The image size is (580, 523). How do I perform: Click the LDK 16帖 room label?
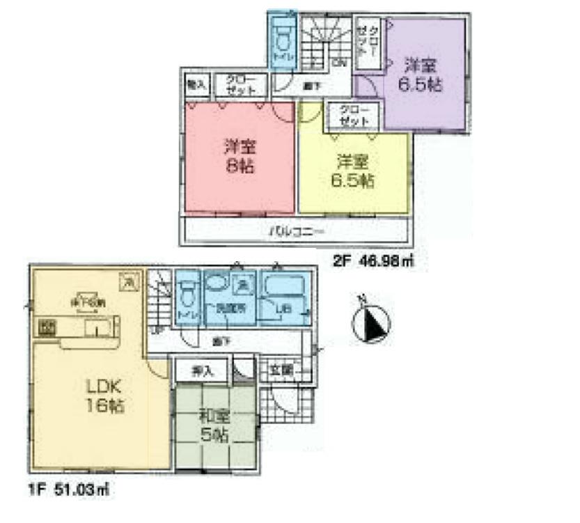click(105, 396)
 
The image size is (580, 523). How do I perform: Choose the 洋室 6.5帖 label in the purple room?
click(422, 76)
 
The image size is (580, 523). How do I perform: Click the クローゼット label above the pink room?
click(240, 86)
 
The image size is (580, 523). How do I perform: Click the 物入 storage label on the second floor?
click(195, 85)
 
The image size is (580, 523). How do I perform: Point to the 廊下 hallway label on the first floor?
click(221, 341)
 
